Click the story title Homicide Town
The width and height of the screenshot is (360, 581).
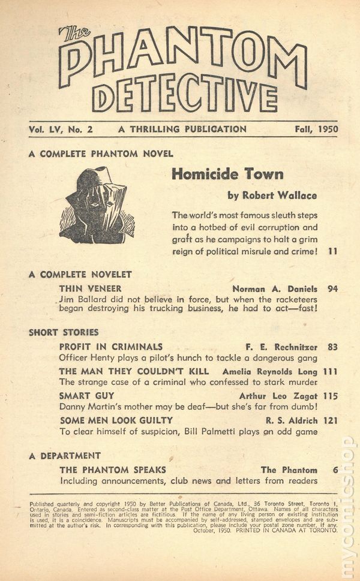tap(227, 174)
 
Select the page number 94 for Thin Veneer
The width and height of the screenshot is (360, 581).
tap(333, 288)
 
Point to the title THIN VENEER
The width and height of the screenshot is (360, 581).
tap(91, 288)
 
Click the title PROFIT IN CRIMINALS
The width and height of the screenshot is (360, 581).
tap(111, 347)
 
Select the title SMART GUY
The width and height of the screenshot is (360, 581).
tap(87, 396)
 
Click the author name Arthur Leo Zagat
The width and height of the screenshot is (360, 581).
tap(280, 396)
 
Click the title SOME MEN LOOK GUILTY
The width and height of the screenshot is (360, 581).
tap(116, 420)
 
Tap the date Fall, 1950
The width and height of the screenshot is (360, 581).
tap(316, 129)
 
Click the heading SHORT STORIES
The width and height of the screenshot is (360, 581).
tap(64, 332)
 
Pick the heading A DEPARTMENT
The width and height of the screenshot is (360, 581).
tap(65, 456)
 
